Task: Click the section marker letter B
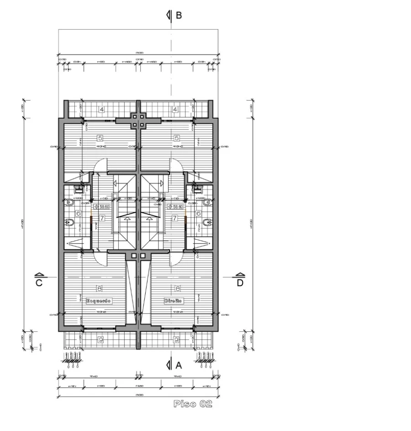point(179,16)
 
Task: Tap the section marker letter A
point(179,365)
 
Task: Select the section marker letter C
point(39,283)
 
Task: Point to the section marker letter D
point(240,283)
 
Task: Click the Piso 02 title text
point(193,404)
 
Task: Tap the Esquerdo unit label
point(99,301)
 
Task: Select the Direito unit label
point(174,301)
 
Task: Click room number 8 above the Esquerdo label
point(99,288)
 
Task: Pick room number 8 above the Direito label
point(178,288)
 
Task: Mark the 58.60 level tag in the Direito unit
point(175,207)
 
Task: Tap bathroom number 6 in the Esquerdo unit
point(78,213)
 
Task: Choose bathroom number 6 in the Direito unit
point(198,213)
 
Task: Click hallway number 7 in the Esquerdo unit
point(102,218)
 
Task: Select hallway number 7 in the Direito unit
point(174,218)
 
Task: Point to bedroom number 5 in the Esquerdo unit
point(100,138)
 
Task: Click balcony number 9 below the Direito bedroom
point(176,339)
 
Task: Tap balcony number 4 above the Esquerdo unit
point(101,109)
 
